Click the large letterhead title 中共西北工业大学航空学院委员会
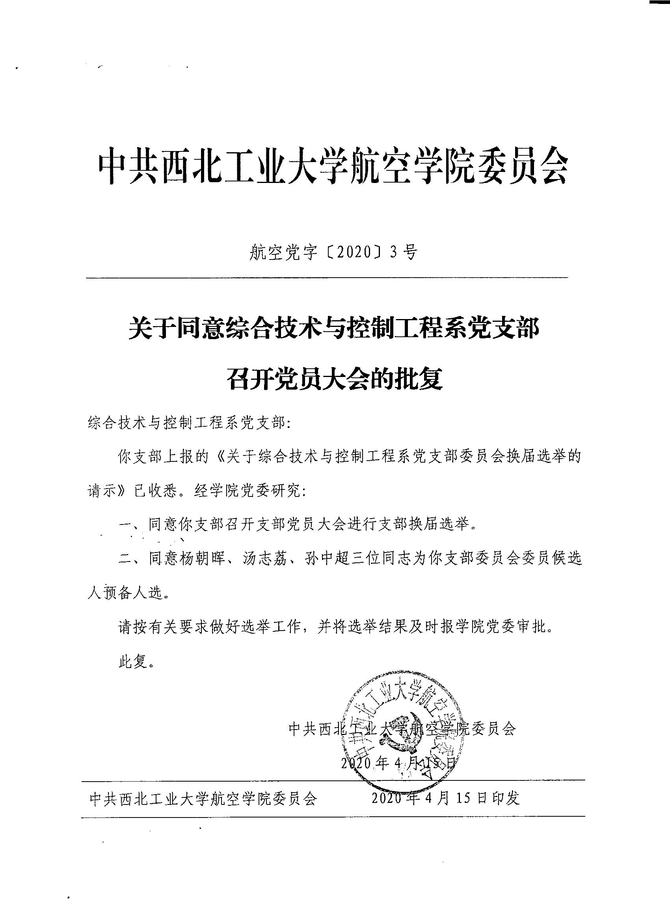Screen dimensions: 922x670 coord(333,166)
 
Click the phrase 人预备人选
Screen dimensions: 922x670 coord(126,594)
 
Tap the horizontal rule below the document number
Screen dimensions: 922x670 coord(327,278)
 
